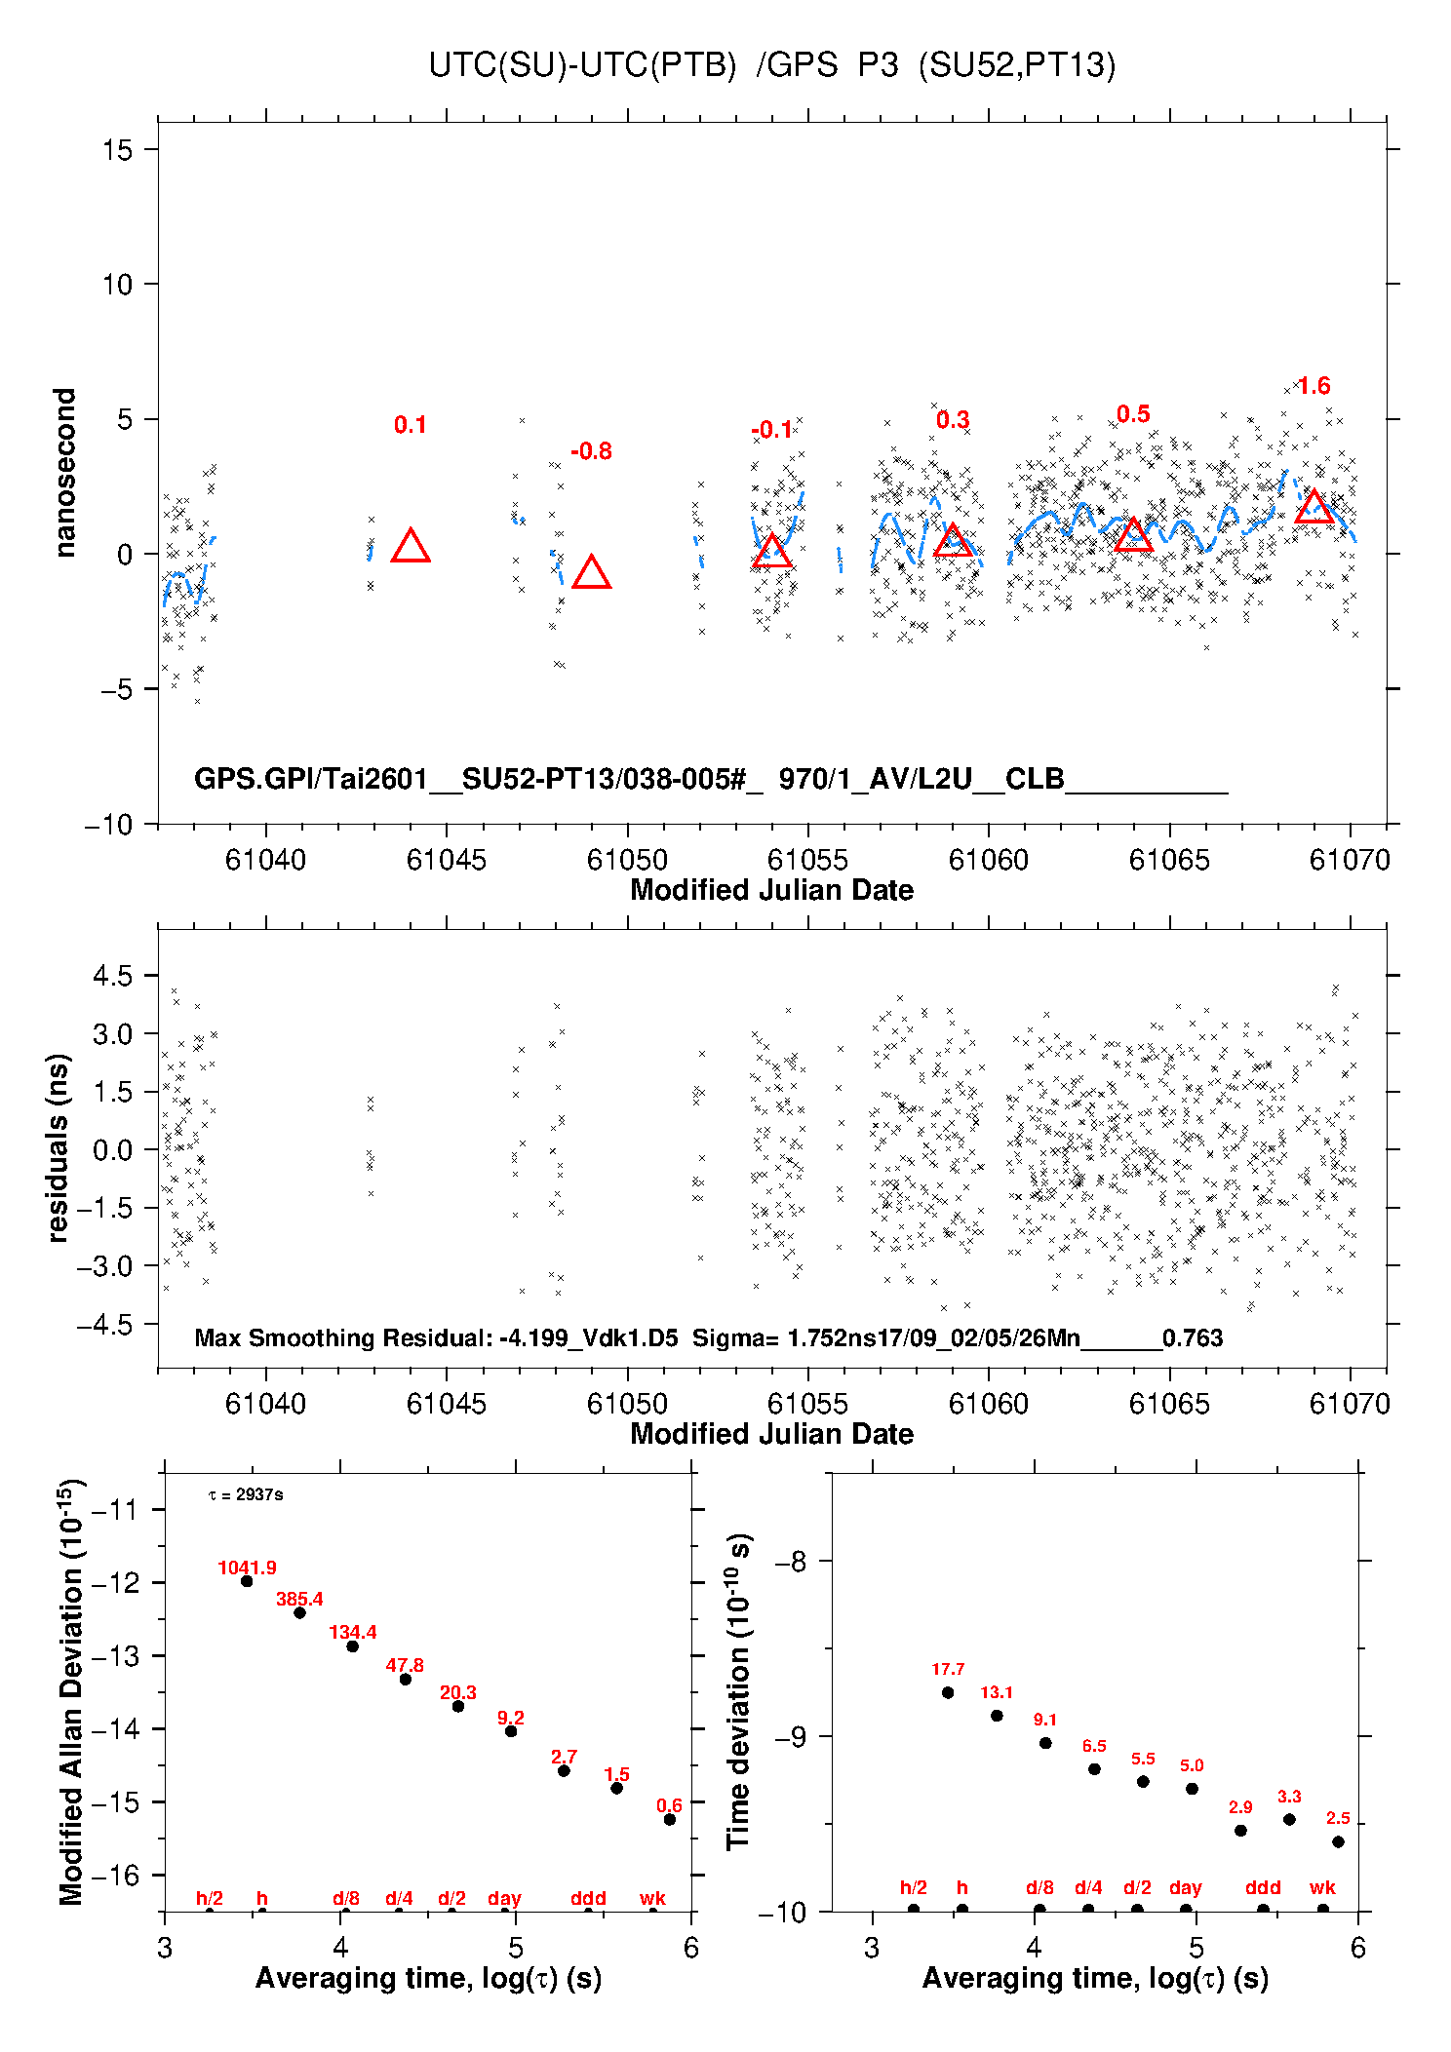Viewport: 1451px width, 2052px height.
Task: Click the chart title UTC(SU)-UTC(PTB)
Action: [x=582, y=65]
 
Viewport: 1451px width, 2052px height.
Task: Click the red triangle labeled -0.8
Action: [x=591, y=573]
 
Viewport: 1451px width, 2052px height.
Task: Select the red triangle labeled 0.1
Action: [x=411, y=547]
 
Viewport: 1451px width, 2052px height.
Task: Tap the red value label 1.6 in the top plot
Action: [x=1314, y=386]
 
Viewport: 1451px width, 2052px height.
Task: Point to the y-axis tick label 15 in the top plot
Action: [x=117, y=150]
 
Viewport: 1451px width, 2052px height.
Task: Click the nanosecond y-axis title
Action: [x=64, y=473]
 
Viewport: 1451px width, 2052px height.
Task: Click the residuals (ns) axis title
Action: [x=59, y=1147]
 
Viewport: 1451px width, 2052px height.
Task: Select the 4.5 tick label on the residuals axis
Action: [x=112, y=976]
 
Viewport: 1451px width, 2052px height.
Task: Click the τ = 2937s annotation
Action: [x=246, y=1494]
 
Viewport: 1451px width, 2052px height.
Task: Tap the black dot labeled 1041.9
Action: [x=247, y=1581]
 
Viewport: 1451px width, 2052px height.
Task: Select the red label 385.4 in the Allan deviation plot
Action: [x=299, y=1599]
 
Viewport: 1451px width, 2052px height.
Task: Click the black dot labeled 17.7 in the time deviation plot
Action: [x=948, y=1692]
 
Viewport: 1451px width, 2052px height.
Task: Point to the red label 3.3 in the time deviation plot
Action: [x=1289, y=1796]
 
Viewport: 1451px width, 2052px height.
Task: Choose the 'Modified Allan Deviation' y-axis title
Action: [x=71, y=1691]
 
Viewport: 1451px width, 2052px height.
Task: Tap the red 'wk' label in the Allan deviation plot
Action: [x=652, y=1898]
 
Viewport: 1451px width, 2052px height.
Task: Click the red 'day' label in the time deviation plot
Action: [x=1185, y=1887]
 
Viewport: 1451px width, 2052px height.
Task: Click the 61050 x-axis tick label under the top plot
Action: [x=627, y=860]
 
